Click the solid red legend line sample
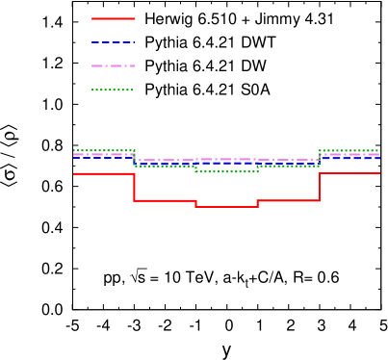(x=114, y=18)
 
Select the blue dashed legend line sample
(x=114, y=42)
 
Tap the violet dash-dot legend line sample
(x=114, y=65)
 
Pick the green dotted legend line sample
(x=113, y=90)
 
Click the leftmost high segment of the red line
(x=103, y=173)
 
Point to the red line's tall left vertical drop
(x=134, y=187)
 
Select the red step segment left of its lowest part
(x=165, y=200)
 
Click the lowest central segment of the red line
(x=226, y=206)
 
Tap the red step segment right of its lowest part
(x=288, y=200)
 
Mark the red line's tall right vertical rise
(x=320, y=187)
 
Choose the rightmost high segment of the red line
(x=349, y=173)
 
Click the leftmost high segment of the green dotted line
(x=103, y=150)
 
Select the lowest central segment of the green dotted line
(x=226, y=171)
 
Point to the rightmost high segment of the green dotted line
(x=349, y=150)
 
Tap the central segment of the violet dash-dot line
(x=226, y=159)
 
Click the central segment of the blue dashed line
(x=226, y=163)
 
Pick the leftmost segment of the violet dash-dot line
(x=103, y=154)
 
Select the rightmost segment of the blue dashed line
(x=349, y=157)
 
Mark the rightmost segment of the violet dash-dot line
(x=349, y=154)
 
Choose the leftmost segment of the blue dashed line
(x=103, y=157)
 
